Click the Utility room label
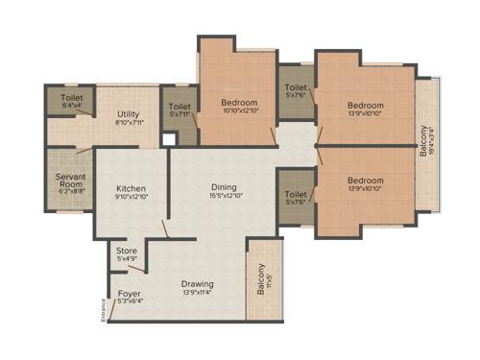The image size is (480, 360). point(129,113)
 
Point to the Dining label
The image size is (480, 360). point(225,188)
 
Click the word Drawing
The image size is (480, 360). point(197,284)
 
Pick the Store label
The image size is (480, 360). point(127,250)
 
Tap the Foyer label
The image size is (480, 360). point(129,293)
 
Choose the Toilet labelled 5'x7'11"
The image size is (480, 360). point(180,107)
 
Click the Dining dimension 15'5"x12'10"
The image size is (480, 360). point(225,197)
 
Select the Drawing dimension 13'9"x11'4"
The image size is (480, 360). point(197,293)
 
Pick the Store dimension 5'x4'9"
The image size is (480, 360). point(127,258)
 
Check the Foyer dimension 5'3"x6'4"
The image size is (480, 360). point(129,301)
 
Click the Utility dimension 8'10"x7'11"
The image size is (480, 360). point(129,122)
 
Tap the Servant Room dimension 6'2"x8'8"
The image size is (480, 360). point(71,191)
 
